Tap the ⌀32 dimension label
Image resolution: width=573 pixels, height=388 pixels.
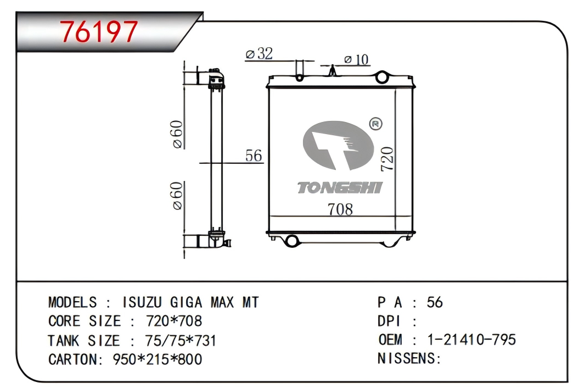pos(259,54)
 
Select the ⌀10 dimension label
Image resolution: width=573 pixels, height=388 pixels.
pos(357,59)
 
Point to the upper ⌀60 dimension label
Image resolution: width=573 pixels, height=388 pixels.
pos(177,134)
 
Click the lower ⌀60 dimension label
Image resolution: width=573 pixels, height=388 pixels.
pos(177,196)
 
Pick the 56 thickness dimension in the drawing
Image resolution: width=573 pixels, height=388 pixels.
pos(254,156)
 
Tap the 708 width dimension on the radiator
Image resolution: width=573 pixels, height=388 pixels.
pos(340,209)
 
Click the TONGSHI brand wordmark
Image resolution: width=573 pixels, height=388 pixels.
pos(340,188)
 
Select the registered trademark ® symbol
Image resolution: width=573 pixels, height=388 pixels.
pos(377,124)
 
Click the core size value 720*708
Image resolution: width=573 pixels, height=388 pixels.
pos(173,321)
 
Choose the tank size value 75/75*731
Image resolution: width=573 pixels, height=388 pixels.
pos(181,340)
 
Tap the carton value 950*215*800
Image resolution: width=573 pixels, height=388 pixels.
pos(157,359)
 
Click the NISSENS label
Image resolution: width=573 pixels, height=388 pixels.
pos(409,359)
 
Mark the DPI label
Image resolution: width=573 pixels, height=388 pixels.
pos(389,321)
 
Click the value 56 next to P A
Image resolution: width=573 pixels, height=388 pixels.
pos(434,302)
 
